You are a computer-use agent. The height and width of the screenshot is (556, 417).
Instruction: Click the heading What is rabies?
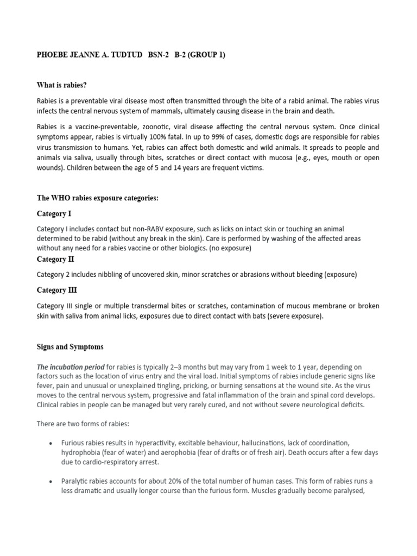click(x=61, y=85)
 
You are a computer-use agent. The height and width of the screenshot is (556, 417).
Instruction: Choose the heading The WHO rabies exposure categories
click(x=97, y=198)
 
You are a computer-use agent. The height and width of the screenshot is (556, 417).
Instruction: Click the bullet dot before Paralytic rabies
click(x=50, y=482)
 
